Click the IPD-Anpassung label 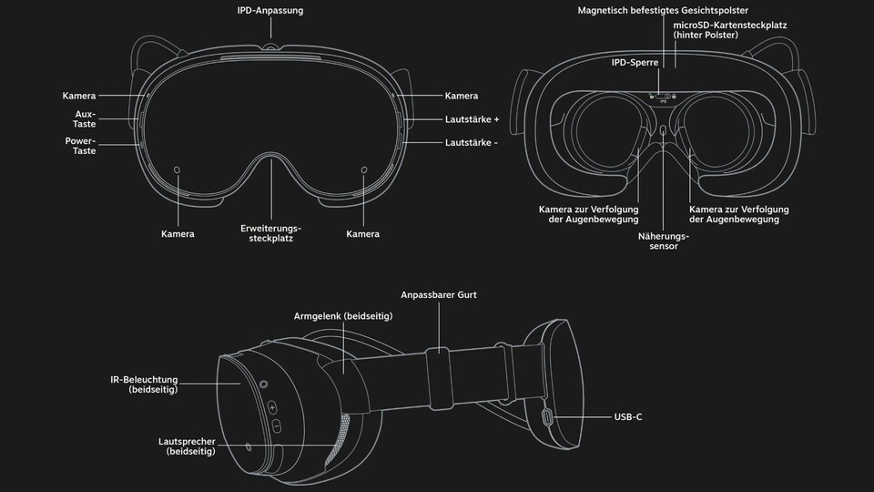pos(270,11)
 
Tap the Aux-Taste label pos(84,118)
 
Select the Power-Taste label pos(80,146)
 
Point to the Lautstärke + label pos(472,119)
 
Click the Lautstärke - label pos(471,143)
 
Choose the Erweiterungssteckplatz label pos(271,233)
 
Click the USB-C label pos(627,416)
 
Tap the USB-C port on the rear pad pos(548,416)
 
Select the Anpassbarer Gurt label pos(439,295)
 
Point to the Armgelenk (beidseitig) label pos(343,316)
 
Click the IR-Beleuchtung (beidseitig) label pos(144,384)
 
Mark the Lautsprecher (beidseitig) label pos(187,446)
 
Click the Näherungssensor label pos(664,241)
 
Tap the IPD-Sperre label pos(635,63)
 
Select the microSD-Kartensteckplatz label pos(729,30)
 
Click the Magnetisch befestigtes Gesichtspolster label pos(663,11)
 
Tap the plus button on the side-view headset pos(272,408)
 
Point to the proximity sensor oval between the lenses pos(663,130)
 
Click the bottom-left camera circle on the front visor pos(178,169)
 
